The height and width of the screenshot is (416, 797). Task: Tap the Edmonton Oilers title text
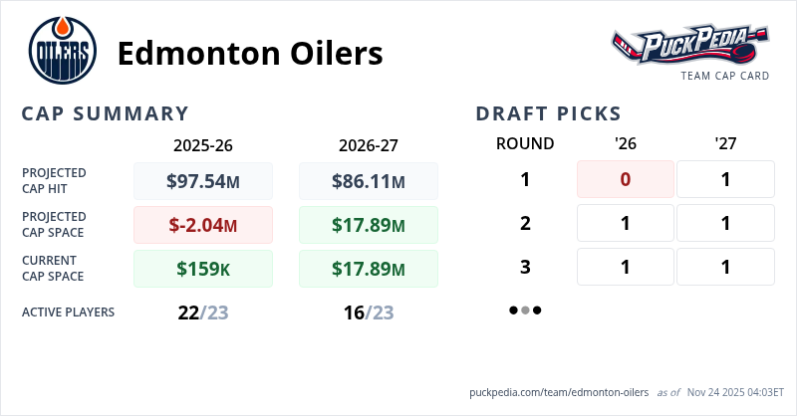[249, 53]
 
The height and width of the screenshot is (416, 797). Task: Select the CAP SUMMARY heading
[106, 113]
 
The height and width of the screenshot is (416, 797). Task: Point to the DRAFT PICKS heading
[549, 113]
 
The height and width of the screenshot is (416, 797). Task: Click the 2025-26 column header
[203, 144]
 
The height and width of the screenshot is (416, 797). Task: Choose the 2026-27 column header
[369, 144]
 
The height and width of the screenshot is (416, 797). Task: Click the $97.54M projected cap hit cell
[203, 181]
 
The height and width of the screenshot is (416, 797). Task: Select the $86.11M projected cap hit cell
[369, 181]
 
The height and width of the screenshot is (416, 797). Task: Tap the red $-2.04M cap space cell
[203, 225]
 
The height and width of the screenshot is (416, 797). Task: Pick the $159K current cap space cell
[203, 269]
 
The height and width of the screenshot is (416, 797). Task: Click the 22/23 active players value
[203, 312]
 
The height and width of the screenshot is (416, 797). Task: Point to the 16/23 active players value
[369, 312]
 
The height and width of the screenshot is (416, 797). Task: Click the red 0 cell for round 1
[626, 179]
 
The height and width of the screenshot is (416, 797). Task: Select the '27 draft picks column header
[725, 143]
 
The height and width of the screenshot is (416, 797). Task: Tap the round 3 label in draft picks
[525, 267]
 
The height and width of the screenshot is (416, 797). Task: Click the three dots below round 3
[525, 310]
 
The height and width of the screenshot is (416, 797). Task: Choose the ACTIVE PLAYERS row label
[68, 312]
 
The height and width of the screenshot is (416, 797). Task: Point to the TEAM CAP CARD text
[725, 76]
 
